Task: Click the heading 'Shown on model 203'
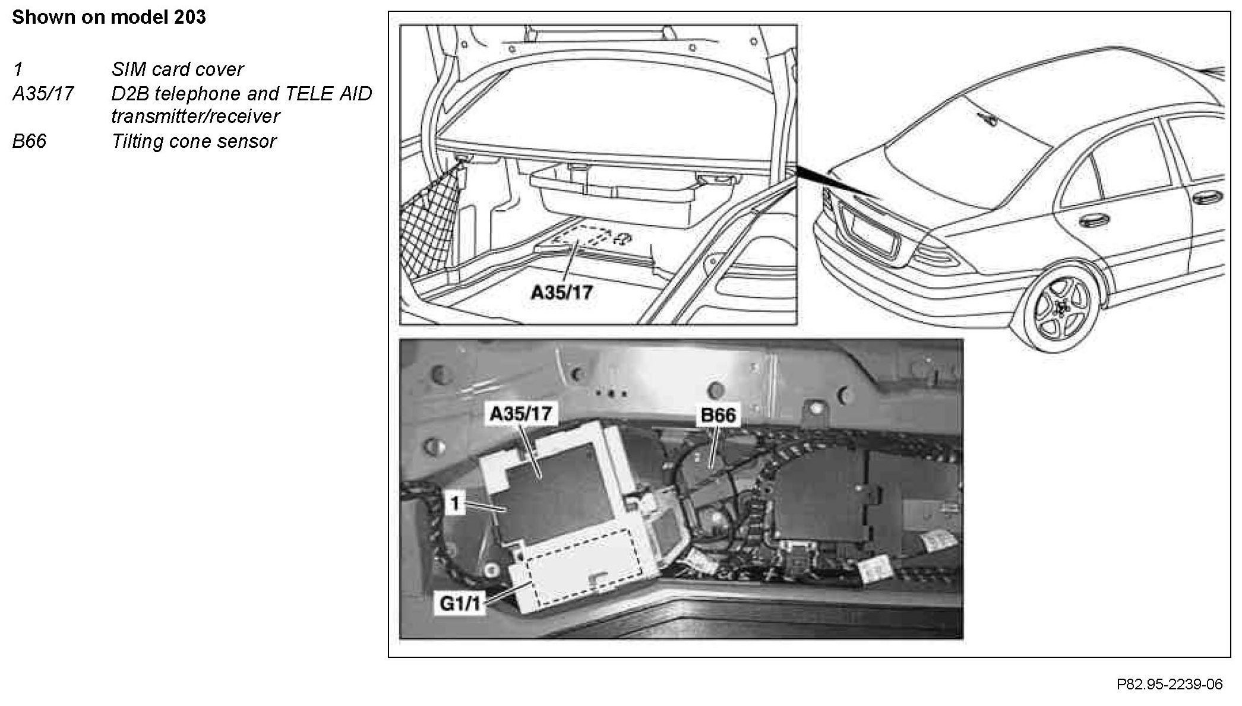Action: point(109,17)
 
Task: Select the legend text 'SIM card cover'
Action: point(177,69)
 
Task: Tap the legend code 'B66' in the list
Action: point(29,141)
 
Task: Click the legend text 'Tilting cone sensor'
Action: point(194,141)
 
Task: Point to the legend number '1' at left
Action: point(18,69)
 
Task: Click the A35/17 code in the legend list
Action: point(43,94)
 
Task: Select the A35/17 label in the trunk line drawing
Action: point(561,292)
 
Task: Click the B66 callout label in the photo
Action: point(718,414)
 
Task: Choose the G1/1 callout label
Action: point(459,604)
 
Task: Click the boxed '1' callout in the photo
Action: point(455,504)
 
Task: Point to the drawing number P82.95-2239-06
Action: point(1170,685)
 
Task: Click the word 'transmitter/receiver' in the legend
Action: point(195,116)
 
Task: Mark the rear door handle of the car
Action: point(1091,222)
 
